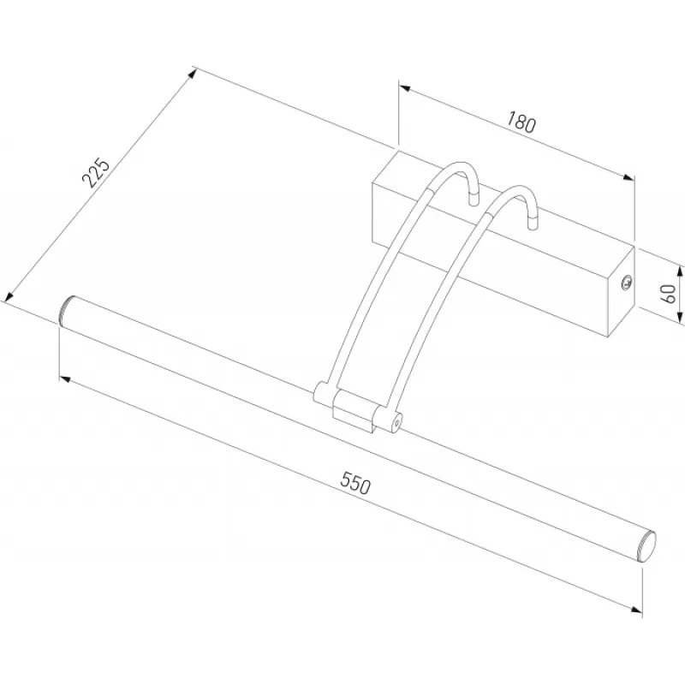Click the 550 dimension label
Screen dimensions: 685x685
pyautogui.click(x=355, y=482)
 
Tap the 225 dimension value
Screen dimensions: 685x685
pyautogui.click(x=95, y=172)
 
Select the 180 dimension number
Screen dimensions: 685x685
pyautogui.click(x=521, y=122)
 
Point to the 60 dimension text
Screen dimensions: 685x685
pyautogui.click(x=669, y=293)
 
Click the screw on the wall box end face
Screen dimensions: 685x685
pyautogui.click(x=627, y=282)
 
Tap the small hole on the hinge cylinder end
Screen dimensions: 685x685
pyautogui.click(x=396, y=423)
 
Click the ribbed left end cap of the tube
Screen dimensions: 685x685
pyautogui.click(x=66, y=309)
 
